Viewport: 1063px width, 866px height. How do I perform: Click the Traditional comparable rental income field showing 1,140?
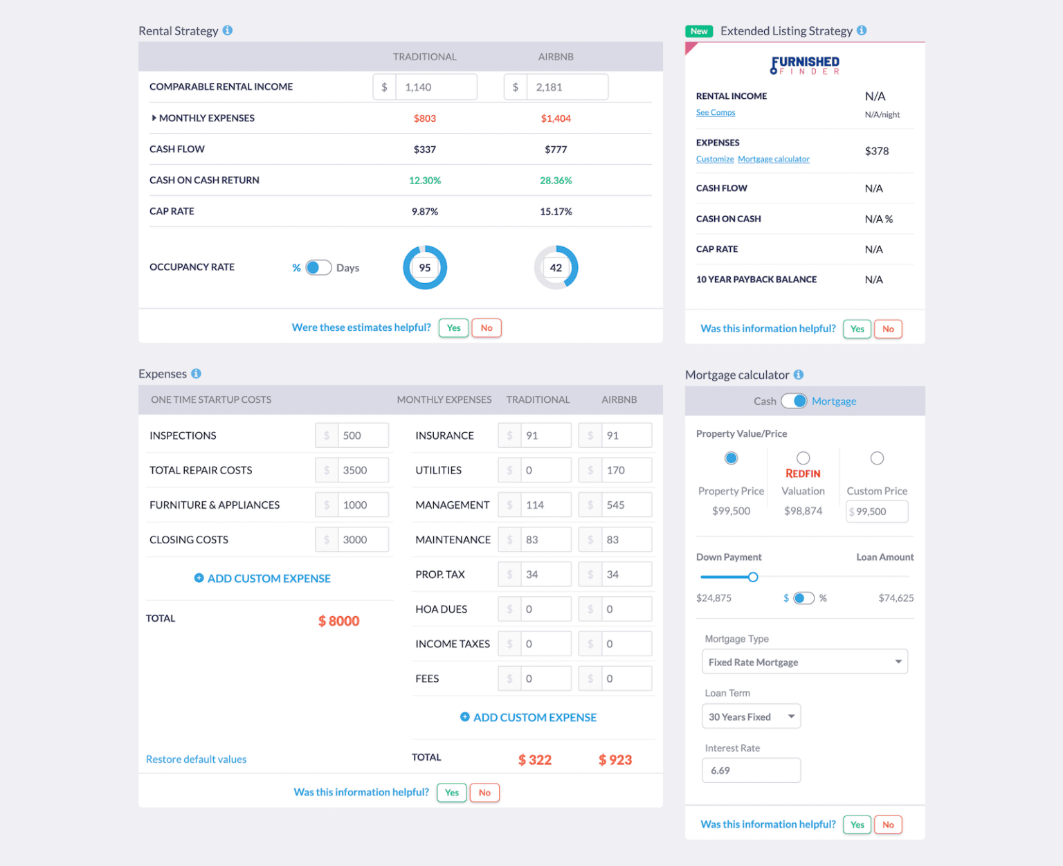tap(435, 87)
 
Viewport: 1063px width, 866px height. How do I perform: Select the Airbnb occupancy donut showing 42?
tap(556, 267)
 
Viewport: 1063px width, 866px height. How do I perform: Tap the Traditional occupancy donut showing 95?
tap(425, 267)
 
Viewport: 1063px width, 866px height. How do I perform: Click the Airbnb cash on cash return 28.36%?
tap(556, 181)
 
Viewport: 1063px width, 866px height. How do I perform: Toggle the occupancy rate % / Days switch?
tap(318, 268)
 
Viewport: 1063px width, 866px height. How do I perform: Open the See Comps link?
tap(716, 113)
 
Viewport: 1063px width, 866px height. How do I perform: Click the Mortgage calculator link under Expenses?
tap(773, 159)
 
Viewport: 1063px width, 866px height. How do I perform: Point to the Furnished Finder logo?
tap(805, 65)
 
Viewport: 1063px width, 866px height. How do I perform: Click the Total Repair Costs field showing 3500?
tap(363, 470)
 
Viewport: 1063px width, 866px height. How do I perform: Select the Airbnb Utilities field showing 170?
tap(626, 470)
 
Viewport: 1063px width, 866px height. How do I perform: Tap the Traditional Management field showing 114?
tap(545, 505)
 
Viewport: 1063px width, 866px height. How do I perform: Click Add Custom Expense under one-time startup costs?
tap(262, 578)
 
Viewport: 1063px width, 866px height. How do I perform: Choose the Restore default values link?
tap(196, 759)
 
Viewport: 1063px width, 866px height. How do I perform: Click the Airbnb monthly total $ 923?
tap(615, 760)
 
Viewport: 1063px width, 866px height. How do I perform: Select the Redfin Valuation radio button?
tap(803, 458)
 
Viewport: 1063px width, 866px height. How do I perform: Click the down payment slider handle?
tap(753, 577)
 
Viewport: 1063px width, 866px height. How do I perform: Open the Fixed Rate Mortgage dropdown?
tap(804, 662)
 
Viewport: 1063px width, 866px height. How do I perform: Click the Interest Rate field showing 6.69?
tap(751, 770)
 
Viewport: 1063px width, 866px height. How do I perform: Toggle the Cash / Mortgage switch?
tap(794, 401)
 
